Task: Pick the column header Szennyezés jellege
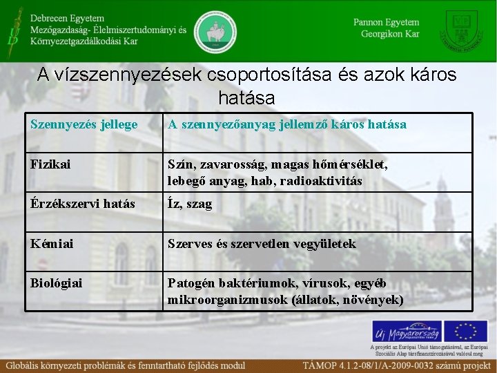[x=84, y=124]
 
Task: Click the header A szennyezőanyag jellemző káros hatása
[x=286, y=124]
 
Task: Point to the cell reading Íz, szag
[x=189, y=204]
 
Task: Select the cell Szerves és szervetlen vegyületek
[x=262, y=244]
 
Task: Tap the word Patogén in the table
[x=191, y=283]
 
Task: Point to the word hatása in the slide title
[x=246, y=97]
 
